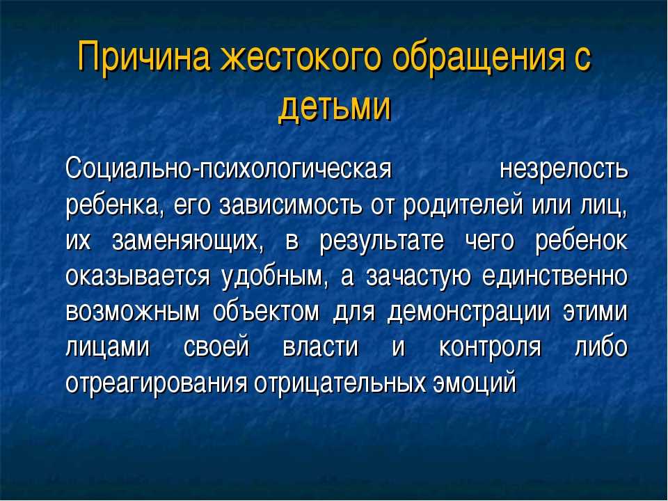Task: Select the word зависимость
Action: click(291, 206)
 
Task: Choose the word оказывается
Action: click(138, 278)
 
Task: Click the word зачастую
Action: click(418, 278)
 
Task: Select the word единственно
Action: click(555, 276)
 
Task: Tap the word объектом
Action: click(266, 312)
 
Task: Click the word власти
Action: click(320, 348)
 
